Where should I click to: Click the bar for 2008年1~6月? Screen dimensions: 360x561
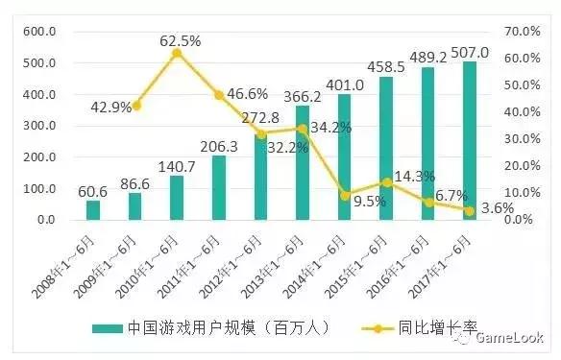click(93, 210)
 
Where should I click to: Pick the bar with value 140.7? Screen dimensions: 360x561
click(177, 198)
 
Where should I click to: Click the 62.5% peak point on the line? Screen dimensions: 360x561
click(177, 53)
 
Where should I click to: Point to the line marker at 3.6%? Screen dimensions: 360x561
click(471, 210)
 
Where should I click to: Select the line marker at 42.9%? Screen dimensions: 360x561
click(135, 106)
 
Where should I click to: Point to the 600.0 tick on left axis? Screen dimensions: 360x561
click(40, 32)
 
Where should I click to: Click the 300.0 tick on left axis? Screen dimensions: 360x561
click(40, 126)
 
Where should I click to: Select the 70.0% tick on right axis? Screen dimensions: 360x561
click(519, 32)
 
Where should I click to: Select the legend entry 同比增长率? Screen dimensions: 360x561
click(433, 328)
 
